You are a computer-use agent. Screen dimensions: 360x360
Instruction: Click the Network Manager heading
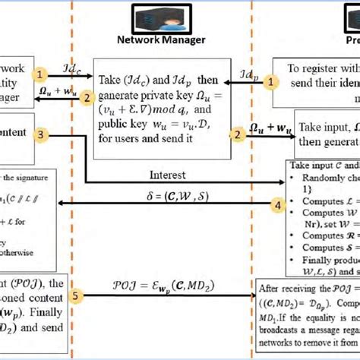coord(161,39)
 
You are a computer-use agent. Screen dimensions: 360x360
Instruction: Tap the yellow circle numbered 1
coord(43,74)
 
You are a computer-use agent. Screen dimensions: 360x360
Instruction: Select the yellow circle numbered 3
coord(43,134)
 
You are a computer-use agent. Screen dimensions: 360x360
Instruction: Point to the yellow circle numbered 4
coord(279,204)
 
